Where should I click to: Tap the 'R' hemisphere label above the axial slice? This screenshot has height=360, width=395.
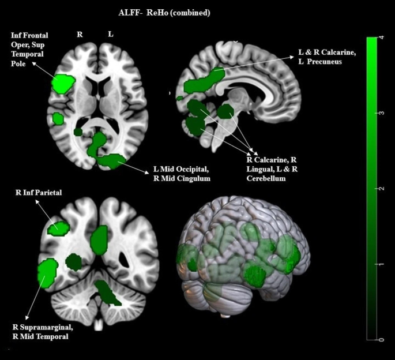80,35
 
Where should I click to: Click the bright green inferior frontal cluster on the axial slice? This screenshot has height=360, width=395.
63,84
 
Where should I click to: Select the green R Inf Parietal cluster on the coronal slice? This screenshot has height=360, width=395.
58,228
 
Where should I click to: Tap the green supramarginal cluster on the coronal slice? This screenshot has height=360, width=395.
47,273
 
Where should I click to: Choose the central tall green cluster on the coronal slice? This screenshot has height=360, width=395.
100,239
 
